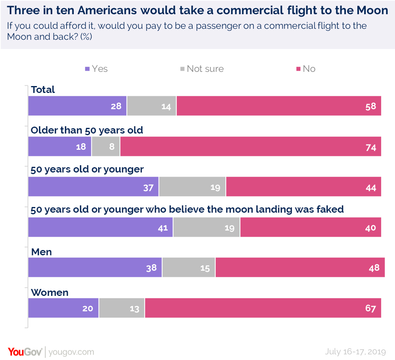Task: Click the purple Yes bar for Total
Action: (77, 106)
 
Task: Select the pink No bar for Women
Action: (263, 308)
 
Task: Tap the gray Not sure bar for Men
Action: (189, 268)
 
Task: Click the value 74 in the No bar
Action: (370, 147)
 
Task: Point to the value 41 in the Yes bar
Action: (163, 228)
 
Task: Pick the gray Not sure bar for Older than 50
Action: (106, 147)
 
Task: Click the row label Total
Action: (43, 90)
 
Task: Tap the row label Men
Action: (41, 252)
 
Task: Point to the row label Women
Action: (49, 293)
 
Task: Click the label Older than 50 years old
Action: (87, 130)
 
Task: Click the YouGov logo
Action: (24, 351)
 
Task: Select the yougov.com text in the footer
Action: (71, 352)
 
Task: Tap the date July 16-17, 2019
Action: (355, 351)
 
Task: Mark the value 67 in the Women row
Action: (370, 308)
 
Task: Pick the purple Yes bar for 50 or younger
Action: (93, 187)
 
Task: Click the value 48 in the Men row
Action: (374, 268)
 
